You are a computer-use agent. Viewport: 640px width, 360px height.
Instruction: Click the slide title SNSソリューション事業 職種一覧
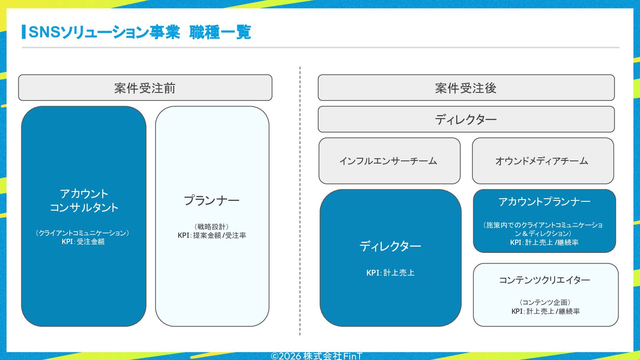(140, 32)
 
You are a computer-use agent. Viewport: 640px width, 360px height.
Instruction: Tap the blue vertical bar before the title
(24, 32)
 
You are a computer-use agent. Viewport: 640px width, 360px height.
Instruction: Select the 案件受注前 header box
(145, 88)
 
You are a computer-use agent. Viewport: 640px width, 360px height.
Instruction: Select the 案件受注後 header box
(466, 88)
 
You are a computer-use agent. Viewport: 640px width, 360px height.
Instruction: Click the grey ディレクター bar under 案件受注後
(466, 119)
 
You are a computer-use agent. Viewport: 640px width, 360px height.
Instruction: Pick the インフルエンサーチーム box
(389, 161)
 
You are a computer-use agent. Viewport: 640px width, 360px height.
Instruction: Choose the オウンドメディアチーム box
(543, 161)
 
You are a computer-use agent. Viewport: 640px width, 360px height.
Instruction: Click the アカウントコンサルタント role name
(84, 200)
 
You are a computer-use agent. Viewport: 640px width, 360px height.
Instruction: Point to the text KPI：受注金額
(83, 242)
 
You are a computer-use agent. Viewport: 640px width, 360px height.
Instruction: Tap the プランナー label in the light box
(212, 200)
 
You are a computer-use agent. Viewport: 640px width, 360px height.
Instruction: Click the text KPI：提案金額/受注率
(212, 236)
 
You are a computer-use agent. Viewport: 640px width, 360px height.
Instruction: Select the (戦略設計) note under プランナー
(212, 227)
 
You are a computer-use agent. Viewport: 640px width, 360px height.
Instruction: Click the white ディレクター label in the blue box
(390, 246)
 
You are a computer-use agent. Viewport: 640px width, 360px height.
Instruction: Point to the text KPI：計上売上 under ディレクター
(390, 273)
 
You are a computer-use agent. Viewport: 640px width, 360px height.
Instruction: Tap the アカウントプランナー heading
(544, 202)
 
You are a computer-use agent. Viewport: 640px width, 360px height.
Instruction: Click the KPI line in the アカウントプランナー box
(544, 243)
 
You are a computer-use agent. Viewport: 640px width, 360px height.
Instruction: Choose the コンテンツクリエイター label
(544, 280)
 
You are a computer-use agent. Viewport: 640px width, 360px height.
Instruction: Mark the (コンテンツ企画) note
(545, 303)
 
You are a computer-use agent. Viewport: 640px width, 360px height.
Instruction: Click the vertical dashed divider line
(300, 201)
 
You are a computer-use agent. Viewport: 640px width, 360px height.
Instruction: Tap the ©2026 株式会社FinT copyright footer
(316, 356)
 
